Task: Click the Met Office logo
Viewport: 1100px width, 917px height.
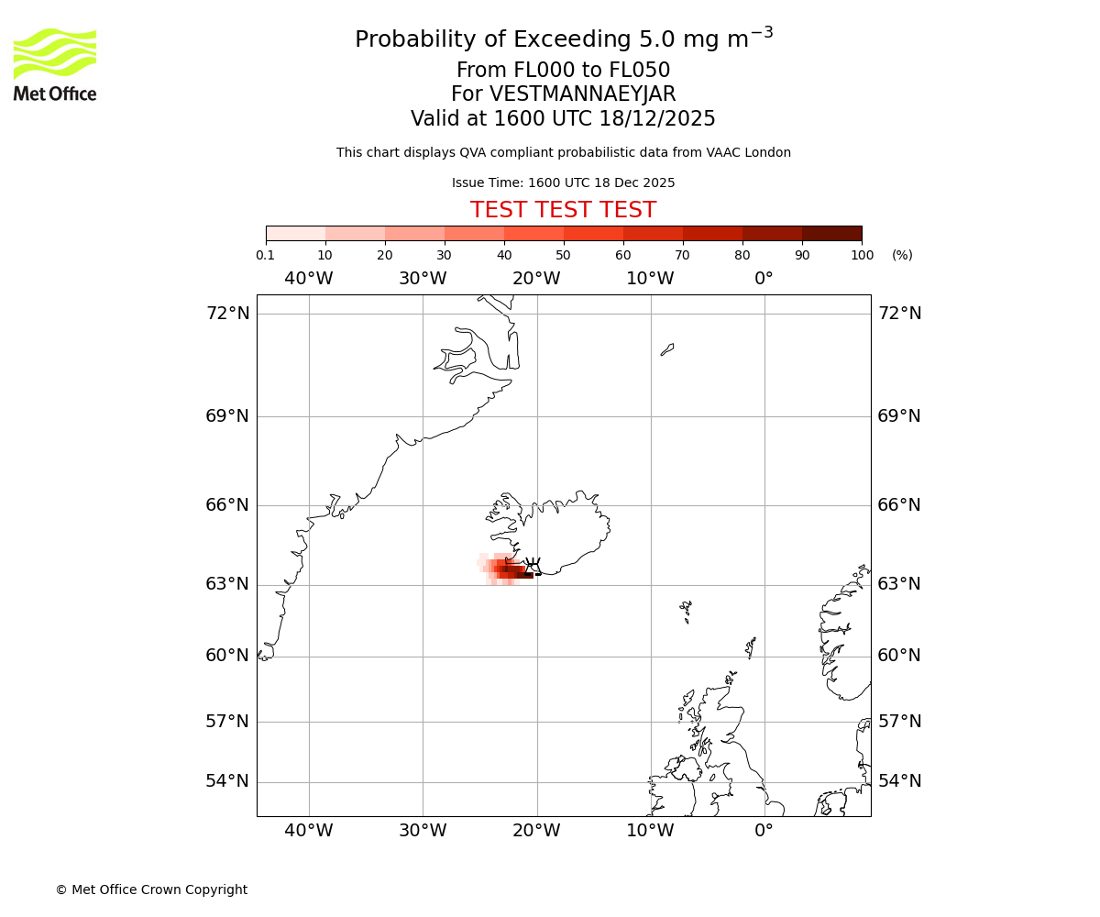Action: (x=55, y=64)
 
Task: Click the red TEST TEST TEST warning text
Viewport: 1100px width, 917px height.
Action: (x=563, y=211)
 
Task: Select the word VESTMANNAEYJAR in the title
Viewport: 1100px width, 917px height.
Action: (x=583, y=94)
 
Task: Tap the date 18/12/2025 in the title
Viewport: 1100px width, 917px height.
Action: (x=657, y=119)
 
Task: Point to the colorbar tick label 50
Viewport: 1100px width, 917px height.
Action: (x=563, y=256)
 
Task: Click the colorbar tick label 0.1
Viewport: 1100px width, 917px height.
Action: (x=265, y=256)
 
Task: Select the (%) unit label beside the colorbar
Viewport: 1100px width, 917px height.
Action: (x=902, y=256)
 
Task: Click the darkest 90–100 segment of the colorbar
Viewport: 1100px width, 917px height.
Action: (x=831, y=233)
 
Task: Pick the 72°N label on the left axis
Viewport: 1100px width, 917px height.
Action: (x=227, y=314)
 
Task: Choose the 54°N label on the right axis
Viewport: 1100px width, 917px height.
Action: (x=899, y=781)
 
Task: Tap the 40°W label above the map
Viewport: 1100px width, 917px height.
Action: (x=309, y=279)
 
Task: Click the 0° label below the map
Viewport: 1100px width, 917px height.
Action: (x=764, y=831)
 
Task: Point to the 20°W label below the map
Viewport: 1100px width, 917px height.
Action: (x=536, y=831)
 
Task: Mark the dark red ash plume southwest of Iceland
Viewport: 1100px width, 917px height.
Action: (x=513, y=572)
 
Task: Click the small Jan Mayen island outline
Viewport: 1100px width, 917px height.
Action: (x=667, y=349)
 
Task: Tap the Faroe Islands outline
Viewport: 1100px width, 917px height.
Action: (x=686, y=611)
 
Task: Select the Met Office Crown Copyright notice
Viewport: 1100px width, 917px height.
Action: (x=151, y=889)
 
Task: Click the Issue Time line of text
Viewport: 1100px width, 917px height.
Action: (x=563, y=183)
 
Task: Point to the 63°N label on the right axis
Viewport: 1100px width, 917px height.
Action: (x=899, y=584)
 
